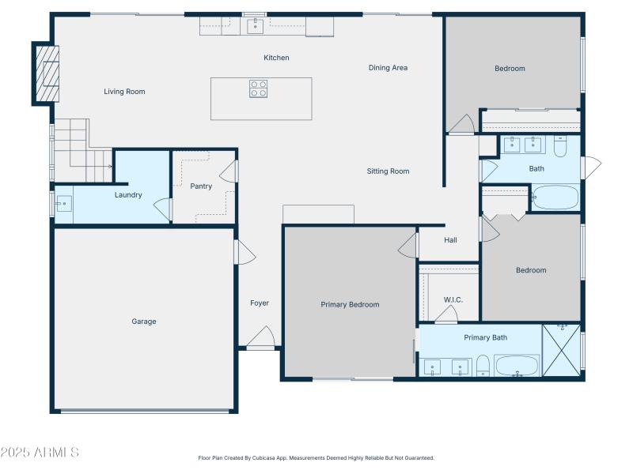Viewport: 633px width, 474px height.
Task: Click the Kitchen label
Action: tap(276, 58)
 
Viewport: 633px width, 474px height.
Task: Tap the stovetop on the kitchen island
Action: tap(259, 88)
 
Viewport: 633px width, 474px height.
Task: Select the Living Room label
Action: tap(124, 92)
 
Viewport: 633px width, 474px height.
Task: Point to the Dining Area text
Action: tap(388, 68)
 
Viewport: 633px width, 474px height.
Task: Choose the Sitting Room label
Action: tap(388, 171)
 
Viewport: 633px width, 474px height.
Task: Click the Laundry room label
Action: tap(128, 195)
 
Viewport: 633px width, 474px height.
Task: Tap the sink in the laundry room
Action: tap(64, 204)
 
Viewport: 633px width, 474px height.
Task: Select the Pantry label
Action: tap(201, 186)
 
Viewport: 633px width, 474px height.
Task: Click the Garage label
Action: tap(144, 322)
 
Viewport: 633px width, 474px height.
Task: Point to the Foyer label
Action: tap(260, 303)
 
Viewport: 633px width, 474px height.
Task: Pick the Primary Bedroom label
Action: tap(350, 305)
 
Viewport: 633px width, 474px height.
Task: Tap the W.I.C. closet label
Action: tap(453, 299)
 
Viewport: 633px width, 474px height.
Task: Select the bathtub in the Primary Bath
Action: tap(517, 366)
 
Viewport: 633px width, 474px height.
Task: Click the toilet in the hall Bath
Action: tap(560, 146)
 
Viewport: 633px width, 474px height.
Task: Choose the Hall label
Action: tap(450, 240)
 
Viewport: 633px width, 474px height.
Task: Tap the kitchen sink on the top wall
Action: tap(255, 27)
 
